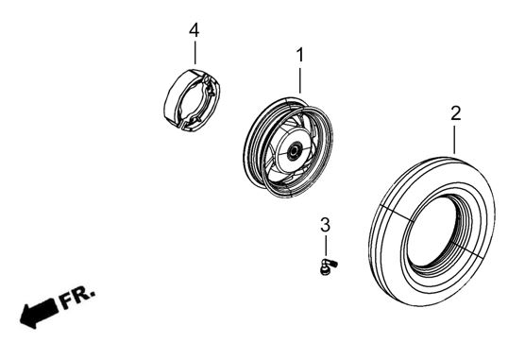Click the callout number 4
click(x=195, y=30)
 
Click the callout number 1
click(x=300, y=55)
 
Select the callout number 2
click(x=455, y=113)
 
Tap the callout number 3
click(x=325, y=225)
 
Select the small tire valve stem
click(x=329, y=267)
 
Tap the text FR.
click(x=77, y=298)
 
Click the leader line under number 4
click(x=195, y=52)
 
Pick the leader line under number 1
click(x=300, y=80)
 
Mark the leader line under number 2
click(x=454, y=139)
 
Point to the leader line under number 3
click(x=326, y=247)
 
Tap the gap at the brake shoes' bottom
click(x=181, y=125)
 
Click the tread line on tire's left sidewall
click(x=396, y=213)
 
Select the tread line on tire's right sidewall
click(x=466, y=249)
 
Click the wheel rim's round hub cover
click(x=291, y=148)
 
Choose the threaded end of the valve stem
click(x=333, y=265)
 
